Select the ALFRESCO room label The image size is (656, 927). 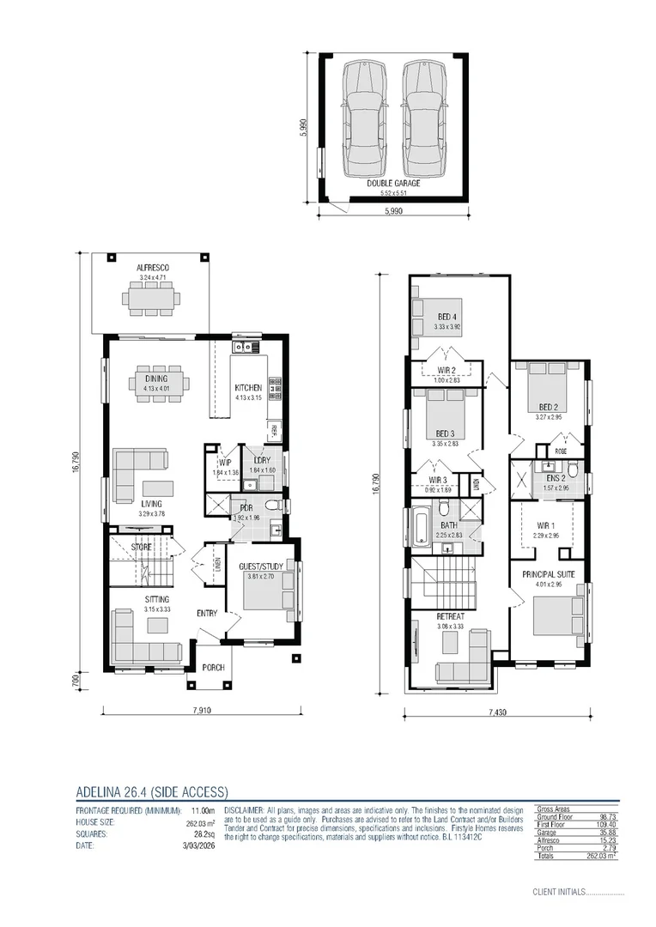(x=153, y=269)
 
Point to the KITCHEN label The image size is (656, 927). (x=248, y=388)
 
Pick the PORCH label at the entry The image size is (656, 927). (x=212, y=667)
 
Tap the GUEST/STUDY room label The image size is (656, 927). (x=260, y=567)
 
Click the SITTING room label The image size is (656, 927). (x=156, y=599)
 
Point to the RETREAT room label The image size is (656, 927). (x=450, y=616)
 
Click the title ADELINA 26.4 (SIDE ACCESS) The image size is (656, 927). (x=152, y=792)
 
